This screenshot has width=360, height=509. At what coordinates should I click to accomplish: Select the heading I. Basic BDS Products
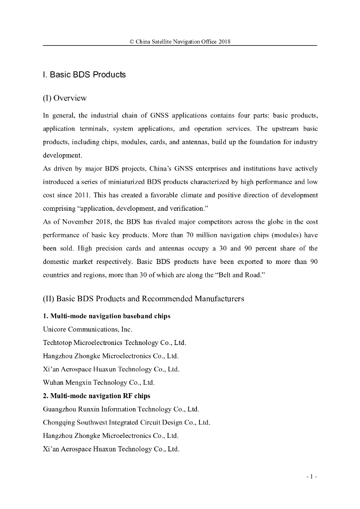pyautogui.click(x=84, y=75)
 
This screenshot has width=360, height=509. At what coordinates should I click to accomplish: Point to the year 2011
pyautogui.click(x=83, y=195)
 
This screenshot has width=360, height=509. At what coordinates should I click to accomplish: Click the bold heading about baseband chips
pyautogui.click(x=106, y=316)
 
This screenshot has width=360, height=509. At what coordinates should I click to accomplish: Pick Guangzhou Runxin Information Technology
pyautogui.click(x=121, y=409)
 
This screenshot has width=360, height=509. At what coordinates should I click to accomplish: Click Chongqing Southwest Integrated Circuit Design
pyautogui.click(x=127, y=423)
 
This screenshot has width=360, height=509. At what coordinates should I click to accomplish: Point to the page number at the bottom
pyautogui.click(x=312, y=477)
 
